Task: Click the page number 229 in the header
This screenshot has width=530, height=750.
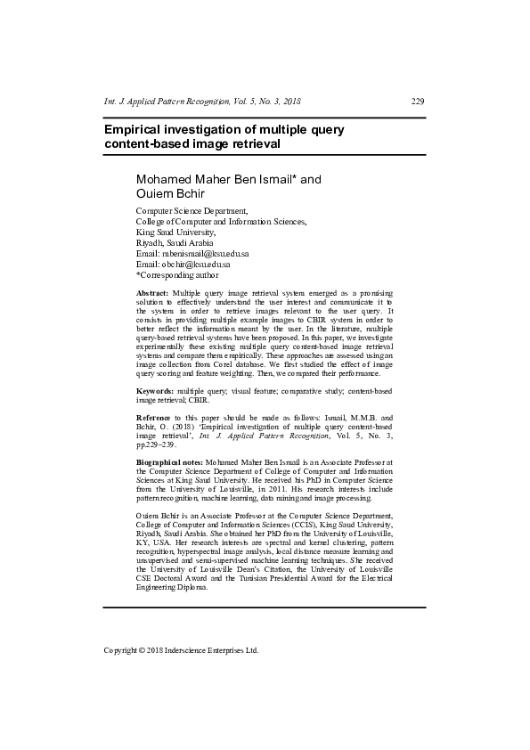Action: click(x=417, y=101)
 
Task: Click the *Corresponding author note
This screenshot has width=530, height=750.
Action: click(x=177, y=275)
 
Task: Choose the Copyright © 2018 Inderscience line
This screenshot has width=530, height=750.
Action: click(x=181, y=650)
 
